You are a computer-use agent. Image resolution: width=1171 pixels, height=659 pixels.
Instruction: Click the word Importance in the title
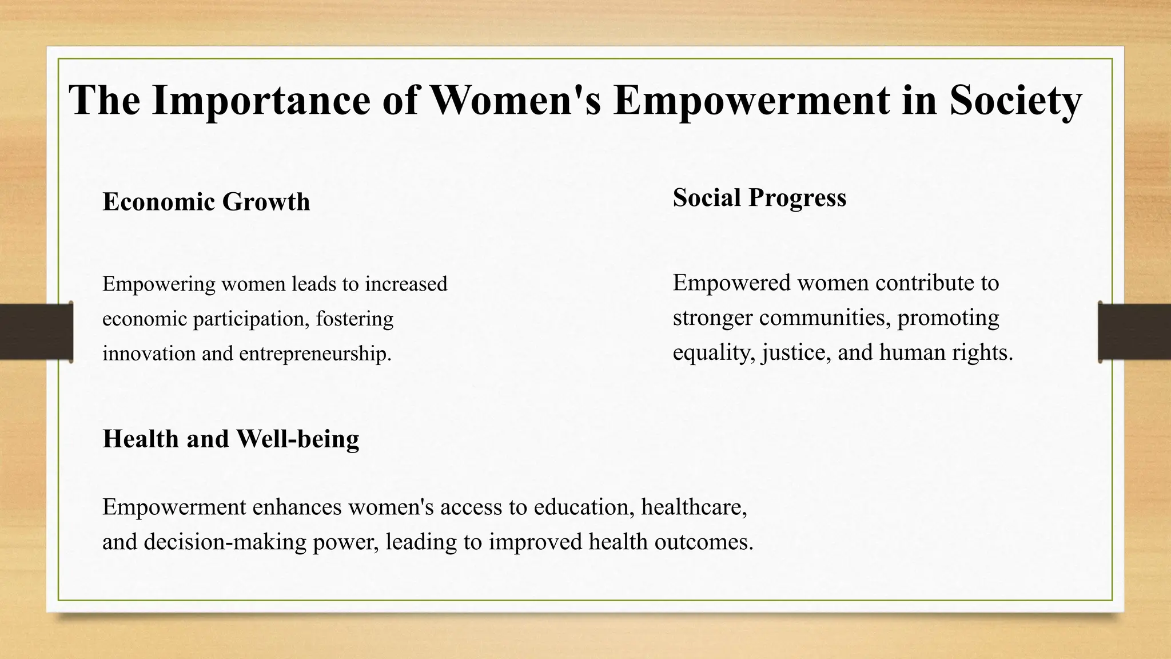[x=261, y=101]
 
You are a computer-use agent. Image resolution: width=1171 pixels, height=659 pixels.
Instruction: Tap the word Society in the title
[x=1015, y=101]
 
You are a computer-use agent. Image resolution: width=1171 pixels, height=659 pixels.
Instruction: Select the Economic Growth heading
[x=206, y=202]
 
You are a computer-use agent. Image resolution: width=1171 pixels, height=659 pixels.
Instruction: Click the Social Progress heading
[x=759, y=198]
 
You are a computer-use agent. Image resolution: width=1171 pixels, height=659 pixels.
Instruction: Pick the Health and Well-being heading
[x=231, y=439]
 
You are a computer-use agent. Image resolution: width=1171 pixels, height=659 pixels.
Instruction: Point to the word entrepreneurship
[x=315, y=354]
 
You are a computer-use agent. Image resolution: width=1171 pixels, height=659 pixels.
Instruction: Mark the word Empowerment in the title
[x=751, y=101]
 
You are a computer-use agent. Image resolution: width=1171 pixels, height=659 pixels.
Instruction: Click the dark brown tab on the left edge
[x=35, y=332]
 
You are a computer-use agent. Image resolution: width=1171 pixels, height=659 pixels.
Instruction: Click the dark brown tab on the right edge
[x=1134, y=332]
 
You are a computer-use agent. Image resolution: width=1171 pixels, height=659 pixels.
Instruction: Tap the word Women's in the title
[x=515, y=101]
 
